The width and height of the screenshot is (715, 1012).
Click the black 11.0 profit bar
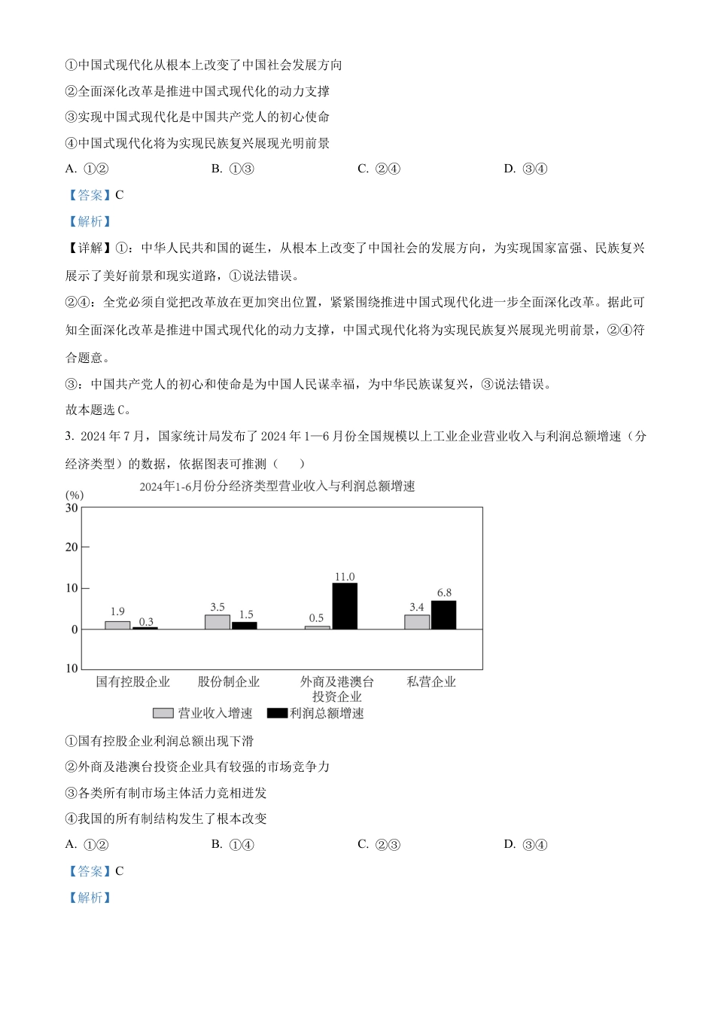pyautogui.click(x=345, y=606)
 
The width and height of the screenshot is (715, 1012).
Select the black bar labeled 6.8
pyautogui.click(x=443, y=614)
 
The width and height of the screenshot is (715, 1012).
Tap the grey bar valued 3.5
pyautogui.click(x=218, y=622)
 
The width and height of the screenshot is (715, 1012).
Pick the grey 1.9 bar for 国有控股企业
pyautogui.click(x=117, y=625)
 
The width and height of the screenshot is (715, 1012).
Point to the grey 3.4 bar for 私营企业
pyautogui.click(x=417, y=622)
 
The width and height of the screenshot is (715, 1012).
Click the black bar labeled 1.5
pyautogui.click(x=245, y=625)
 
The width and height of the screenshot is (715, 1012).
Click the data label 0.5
pyautogui.click(x=316, y=618)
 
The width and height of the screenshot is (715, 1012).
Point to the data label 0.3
pyautogui.click(x=146, y=622)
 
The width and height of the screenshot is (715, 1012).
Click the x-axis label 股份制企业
pyautogui.click(x=229, y=682)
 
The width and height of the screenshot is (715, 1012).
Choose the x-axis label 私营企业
pyautogui.click(x=431, y=682)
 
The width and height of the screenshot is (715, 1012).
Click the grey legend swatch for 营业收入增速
pyautogui.click(x=163, y=713)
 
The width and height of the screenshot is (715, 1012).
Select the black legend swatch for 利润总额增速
pyautogui.click(x=277, y=713)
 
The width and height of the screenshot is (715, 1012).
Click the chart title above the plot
pyautogui.click(x=277, y=486)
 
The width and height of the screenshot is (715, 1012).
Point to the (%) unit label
pyautogui.click(x=75, y=495)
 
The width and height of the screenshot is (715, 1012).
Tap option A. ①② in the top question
pyautogui.click(x=87, y=169)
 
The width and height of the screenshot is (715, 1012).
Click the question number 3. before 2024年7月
pyautogui.click(x=69, y=436)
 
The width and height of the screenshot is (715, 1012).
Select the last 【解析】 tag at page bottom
pyautogui.click(x=90, y=898)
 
